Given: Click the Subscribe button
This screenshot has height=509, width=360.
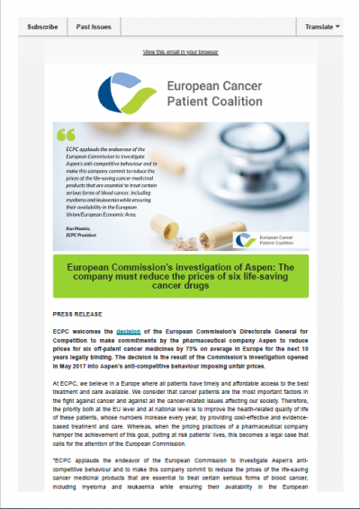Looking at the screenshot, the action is coord(42,27).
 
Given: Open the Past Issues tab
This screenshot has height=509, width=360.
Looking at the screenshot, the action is coord(94,27).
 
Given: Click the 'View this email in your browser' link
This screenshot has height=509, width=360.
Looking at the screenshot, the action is coord(179,53).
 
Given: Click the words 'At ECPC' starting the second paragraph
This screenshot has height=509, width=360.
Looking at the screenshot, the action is coord(67,383).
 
